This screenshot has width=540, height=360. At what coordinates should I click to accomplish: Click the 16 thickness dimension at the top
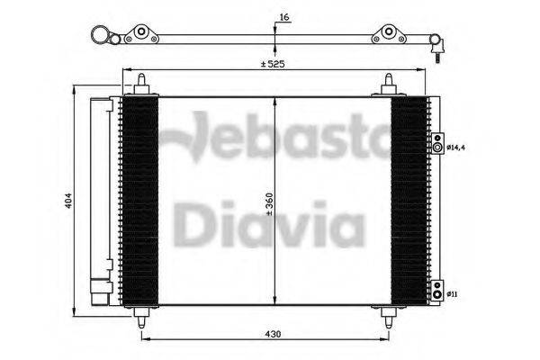click(284, 17)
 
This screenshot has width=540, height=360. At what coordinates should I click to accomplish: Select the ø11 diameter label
click(452, 292)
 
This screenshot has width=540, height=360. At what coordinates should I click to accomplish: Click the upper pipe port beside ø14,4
click(437, 147)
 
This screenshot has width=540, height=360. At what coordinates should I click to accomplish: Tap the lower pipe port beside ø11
click(436, 291)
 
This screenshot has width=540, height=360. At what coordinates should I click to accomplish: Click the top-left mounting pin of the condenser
click(141, 85)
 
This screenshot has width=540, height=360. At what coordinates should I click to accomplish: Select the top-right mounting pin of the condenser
click(388, 85)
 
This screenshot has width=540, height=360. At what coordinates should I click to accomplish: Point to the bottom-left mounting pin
click(141, 317)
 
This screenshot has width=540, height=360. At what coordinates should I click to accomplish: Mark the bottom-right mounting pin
click(388, 317)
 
